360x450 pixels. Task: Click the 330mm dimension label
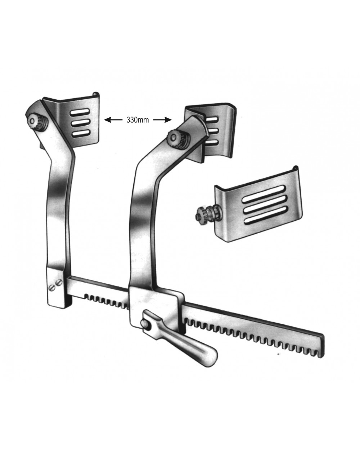pos(138,120)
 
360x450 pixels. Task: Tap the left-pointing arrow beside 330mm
pos(113,120)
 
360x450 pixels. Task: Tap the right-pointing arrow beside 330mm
pos(162,120)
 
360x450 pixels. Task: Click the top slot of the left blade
pos(80,112)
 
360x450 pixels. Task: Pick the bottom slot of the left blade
pos(81,134)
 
